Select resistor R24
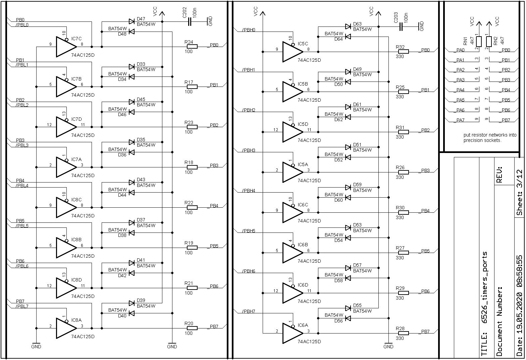pos(192,47)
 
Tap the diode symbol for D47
pos(131,21)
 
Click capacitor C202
pos(190,21)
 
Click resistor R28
pos(403,333)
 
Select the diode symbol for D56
pos(348,318)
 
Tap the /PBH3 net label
pos(249,150)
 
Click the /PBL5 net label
pos(22,226)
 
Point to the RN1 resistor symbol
pos(479,41)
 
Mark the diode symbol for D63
pos(348,27)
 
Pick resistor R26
pos(403,172)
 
